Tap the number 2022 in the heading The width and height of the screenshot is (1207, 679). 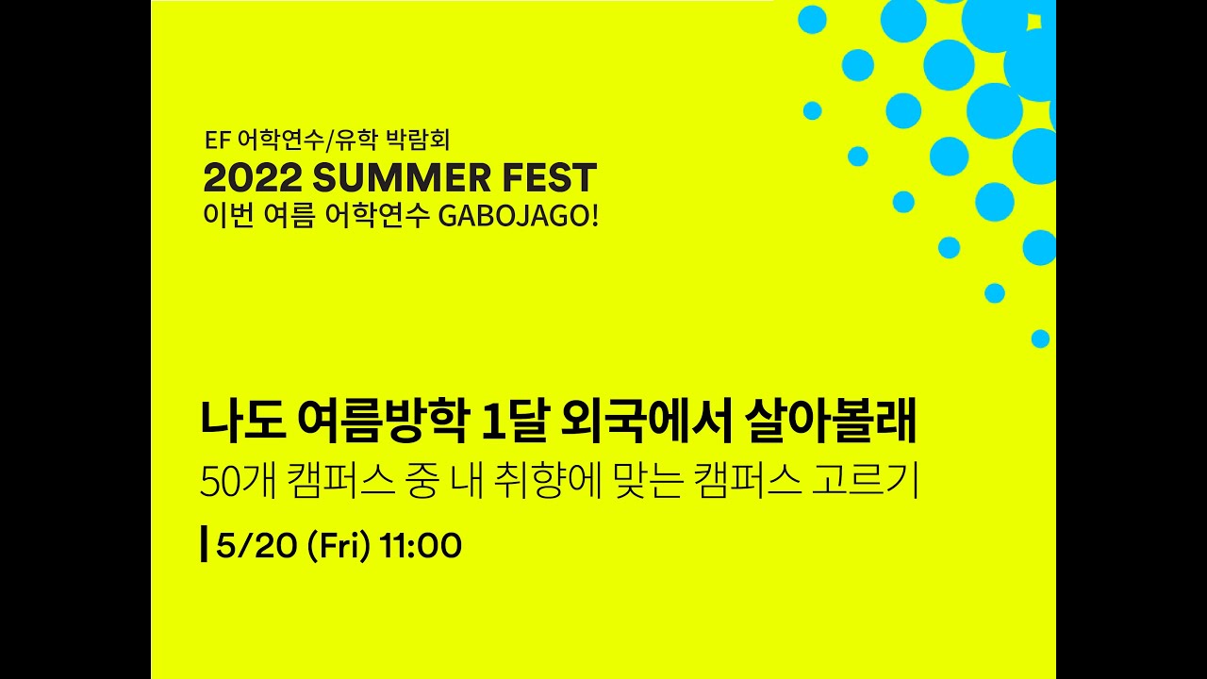252,178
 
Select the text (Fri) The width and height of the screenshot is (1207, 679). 338,545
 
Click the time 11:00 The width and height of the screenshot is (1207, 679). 421,545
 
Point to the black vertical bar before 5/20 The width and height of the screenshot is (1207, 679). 205,545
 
